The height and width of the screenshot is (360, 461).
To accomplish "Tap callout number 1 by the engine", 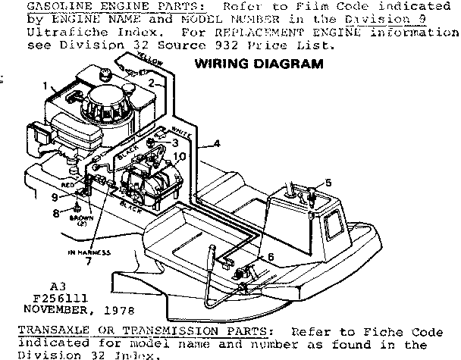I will (45, 86).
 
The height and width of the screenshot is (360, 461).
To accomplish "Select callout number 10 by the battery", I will (180, 157).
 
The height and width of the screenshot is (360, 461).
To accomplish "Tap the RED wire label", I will (67, 184).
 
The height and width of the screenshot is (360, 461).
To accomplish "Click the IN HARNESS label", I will (89, 251).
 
